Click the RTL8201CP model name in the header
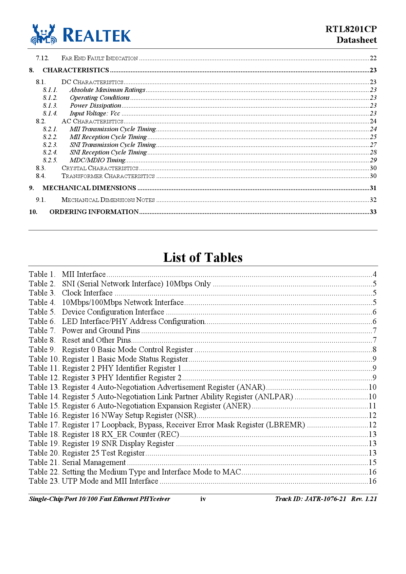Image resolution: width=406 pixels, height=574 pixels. [351, 29]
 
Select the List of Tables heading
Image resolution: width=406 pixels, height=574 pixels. [203, 258]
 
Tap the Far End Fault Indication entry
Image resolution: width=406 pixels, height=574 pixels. [100, 58]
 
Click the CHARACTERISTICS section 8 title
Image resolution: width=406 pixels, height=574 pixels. [76, 70]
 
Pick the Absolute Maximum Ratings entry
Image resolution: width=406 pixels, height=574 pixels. [107, 90]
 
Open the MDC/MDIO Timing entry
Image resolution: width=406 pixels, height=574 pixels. [97, 160]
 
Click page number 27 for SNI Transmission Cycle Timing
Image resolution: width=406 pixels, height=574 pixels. [373, 145]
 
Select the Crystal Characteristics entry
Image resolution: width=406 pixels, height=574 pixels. [100, 168]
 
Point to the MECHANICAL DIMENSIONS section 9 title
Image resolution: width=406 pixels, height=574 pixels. [89, 188]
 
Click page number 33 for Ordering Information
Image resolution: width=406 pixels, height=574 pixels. [373, 212]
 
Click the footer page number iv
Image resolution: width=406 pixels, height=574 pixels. [203, 499]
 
